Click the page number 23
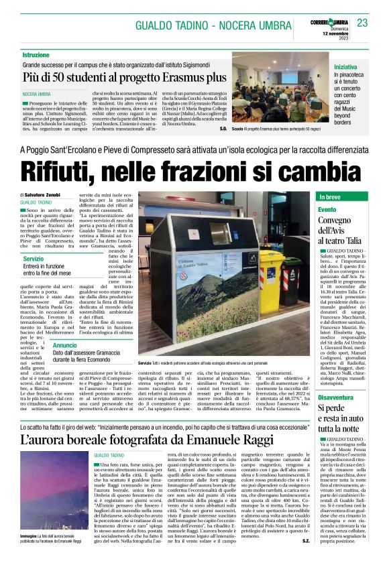click(x=362, y=23)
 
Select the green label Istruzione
click(x=36, y=54)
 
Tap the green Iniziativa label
click(x=346, y=68)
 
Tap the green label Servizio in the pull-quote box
click(x=33, y=259)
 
